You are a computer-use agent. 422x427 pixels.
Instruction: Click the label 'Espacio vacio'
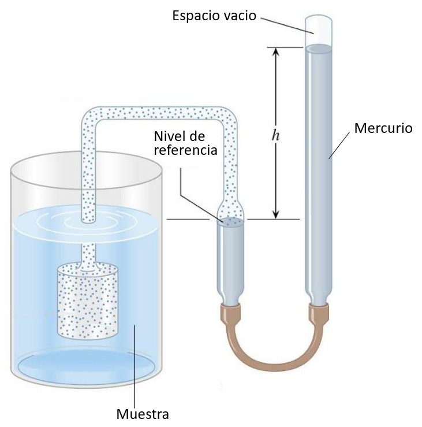(214, 16)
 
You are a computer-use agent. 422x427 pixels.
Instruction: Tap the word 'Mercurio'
(383, 128)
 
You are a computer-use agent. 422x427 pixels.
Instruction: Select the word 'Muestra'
(142, 414)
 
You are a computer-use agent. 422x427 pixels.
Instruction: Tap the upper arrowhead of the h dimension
(276, 51)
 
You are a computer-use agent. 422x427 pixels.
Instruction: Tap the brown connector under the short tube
(232, 314)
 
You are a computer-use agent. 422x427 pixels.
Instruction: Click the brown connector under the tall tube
(319, 314)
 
